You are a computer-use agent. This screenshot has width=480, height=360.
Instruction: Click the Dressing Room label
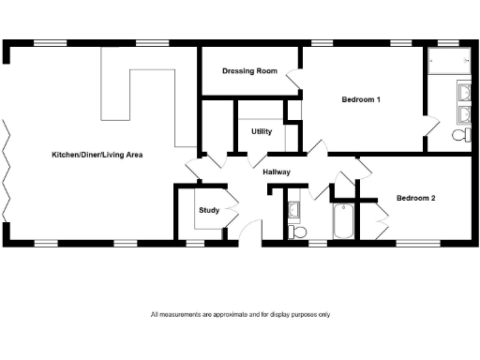[248, 71]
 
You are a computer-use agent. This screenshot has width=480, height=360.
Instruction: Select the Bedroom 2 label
[415, 198]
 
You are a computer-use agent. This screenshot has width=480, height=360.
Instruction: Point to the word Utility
[262, 131]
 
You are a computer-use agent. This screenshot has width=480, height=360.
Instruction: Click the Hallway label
[277, 172]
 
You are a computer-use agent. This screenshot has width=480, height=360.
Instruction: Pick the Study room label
[208, 210]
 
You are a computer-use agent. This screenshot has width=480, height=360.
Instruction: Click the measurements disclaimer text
[240, 314]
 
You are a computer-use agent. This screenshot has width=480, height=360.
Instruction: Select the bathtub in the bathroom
[343, 222]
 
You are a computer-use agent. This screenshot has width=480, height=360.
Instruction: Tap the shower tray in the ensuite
[448, 62]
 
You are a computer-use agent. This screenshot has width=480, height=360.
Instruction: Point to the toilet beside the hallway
[297, 230]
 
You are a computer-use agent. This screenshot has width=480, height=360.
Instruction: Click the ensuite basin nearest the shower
[464, 92]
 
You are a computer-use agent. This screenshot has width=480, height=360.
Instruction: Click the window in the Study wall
[194, 243]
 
